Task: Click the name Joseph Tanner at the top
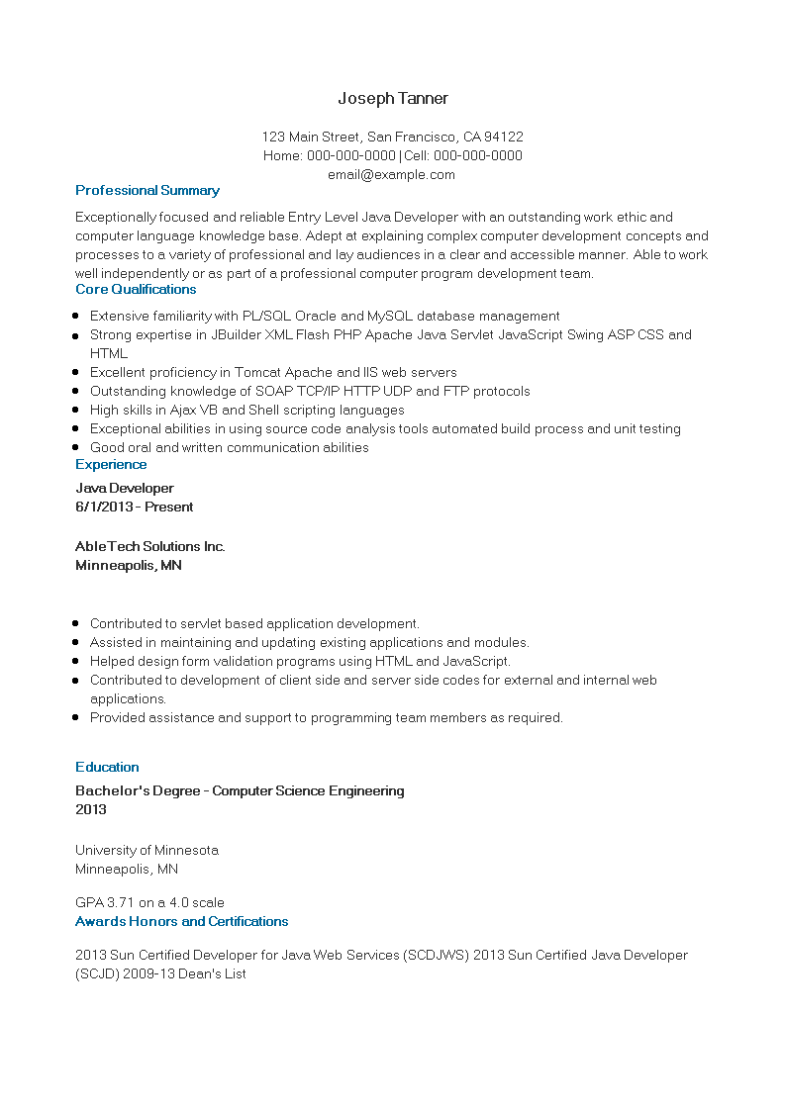(x=393, y=98)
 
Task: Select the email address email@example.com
(x=391, y=175)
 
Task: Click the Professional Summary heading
(x=147, y=190)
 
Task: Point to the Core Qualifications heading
(x=136, y=289)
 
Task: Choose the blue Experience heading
(x=111, y=464)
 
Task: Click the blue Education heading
(x=107, y=767)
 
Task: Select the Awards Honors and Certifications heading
(x=182, y=921)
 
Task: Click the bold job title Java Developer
(x=125, y=488)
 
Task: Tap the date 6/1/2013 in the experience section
(x=104, y=507)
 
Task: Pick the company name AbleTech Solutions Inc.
(x=150, y=546)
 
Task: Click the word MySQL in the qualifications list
(x=390, y=316)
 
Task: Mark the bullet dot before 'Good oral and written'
(x=76, y=448)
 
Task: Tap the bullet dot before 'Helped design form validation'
(x=76, y=662)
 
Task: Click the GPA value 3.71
(x=119, y=902)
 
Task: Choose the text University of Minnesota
(x=147, y=850)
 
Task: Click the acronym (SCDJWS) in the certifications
(x=437, y=955)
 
